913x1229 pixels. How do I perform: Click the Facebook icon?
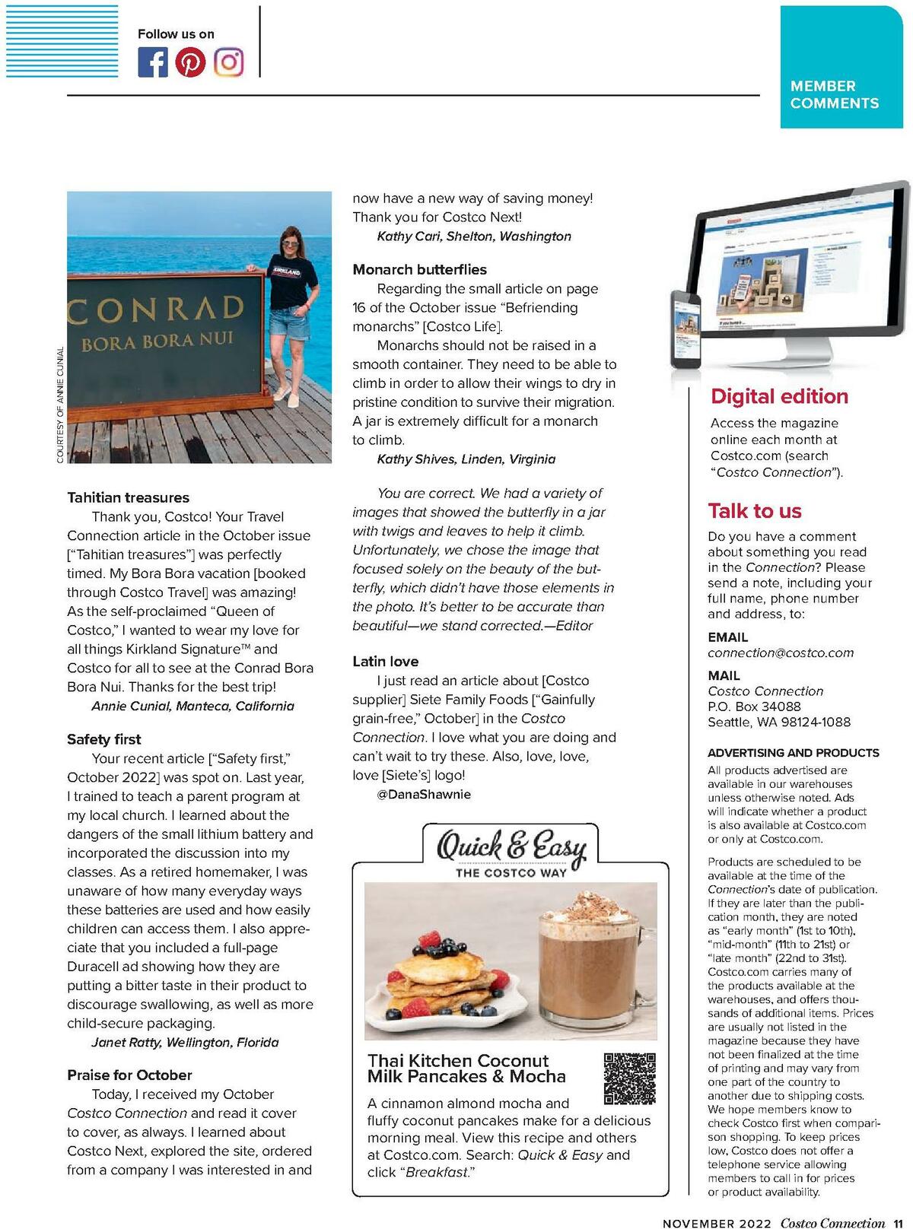[x=152, y=62]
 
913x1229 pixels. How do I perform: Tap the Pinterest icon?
[x=190, y=62]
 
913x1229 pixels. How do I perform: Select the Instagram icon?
[x=228, y=62]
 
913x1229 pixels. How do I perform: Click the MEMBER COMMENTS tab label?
[x=834, y=95]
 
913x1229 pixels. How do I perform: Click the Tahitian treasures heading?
[x=128, y=498]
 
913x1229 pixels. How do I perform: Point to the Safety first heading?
[x=103, y=739]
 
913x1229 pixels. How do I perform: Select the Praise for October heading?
[x=129, y=1075]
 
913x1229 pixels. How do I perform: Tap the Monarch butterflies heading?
[x=419, y=270]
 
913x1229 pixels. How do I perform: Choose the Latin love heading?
[x=385, y=662]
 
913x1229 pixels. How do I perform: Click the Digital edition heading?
[x=779, y=396]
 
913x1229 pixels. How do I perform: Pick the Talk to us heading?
[x=755, y=511]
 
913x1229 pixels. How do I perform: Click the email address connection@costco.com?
[x=781, y=653]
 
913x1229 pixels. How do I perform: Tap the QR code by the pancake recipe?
[x=629, y=1078]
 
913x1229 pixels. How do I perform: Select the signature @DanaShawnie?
[x=424, y=795]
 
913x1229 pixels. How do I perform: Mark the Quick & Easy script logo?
[x=511, y=847]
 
